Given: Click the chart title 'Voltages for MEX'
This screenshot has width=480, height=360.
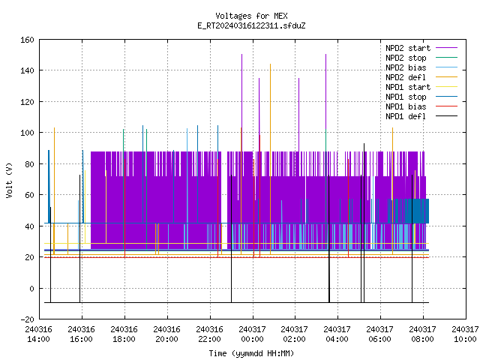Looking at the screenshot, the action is coord(251,16).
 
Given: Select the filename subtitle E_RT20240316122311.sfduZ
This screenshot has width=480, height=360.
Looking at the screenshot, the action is coord(251,25).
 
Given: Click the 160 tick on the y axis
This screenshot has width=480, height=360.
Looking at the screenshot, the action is coord(27,40).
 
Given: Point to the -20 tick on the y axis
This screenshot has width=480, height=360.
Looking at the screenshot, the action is coord(27,319).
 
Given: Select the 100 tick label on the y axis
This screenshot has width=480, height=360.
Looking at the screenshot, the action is coord(27,133).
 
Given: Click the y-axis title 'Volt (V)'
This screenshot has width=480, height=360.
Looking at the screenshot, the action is coord(10,180).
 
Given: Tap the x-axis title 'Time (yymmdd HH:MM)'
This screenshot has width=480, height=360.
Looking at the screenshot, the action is coord(251,353).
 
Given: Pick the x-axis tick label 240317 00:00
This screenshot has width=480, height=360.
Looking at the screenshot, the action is coord(252,334).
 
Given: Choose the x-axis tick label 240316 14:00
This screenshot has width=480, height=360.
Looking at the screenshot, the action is coord(38,334).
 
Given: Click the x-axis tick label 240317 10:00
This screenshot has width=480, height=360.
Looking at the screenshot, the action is coord(465,334).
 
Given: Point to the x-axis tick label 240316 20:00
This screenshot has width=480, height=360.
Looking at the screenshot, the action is coord(166,334).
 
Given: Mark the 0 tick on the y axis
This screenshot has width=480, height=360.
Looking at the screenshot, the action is coord(31,289).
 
